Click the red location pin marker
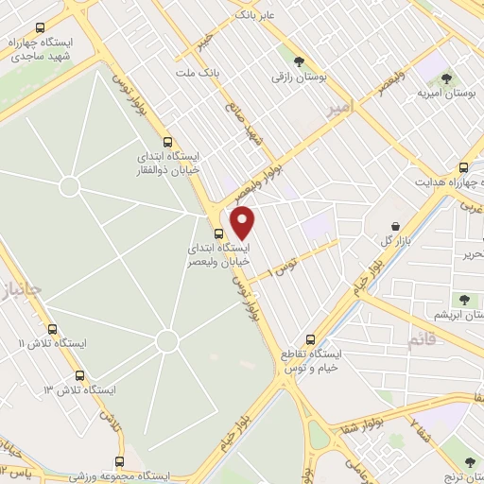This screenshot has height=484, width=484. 243,222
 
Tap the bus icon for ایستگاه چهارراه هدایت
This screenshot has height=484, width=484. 462,164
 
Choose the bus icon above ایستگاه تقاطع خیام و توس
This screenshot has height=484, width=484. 310,339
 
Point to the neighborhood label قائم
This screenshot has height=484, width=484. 423,337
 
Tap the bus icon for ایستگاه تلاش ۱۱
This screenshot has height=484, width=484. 51,330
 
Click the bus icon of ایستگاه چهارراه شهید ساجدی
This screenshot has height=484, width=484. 37,29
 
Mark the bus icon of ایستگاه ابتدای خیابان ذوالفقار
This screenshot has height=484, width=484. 167,138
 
